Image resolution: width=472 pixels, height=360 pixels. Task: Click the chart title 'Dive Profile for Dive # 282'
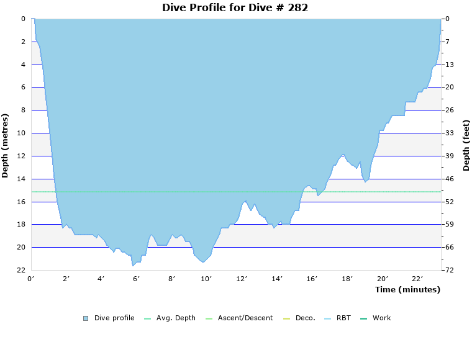tap(235, 7)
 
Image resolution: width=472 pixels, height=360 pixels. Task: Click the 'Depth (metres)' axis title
tap(6, 145)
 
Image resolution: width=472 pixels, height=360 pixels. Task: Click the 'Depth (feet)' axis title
tap(466, 145)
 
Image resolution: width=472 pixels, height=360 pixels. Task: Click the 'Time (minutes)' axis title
tap(407, 289)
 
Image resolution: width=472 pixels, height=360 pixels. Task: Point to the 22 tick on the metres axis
tap(20, 270)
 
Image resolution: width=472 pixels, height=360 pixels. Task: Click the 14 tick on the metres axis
tap(20, 179)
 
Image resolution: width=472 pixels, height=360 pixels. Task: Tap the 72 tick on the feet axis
tap(449, 270)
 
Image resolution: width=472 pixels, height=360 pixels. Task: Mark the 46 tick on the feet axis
tap(449, 179)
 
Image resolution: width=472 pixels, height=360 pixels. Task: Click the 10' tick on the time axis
tap(207, 279)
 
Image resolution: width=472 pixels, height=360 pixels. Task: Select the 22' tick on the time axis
tap(418, 279)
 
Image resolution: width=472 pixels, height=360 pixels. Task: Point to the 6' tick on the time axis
tap(137, 279)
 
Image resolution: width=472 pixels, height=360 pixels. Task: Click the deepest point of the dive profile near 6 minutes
tap(132, 266)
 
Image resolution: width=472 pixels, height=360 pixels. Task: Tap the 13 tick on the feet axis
tap(449, 65)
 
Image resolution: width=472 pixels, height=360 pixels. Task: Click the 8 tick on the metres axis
tap(22, 110)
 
